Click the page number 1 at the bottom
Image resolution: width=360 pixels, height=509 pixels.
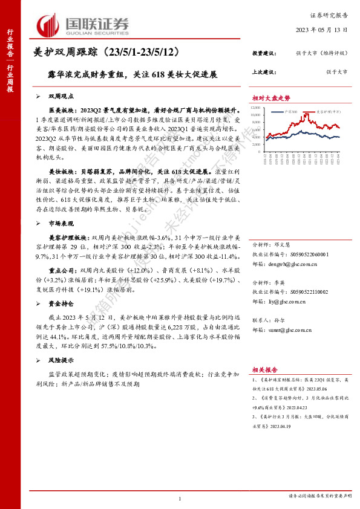click(x=180, y=498)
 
